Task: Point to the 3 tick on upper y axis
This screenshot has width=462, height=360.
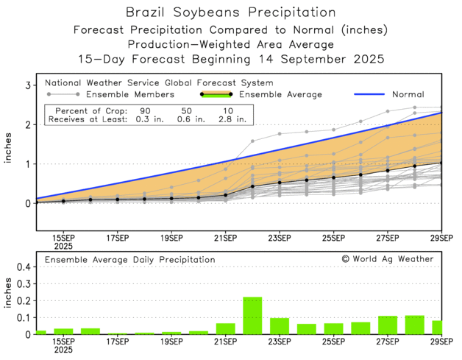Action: [x=27, y=85]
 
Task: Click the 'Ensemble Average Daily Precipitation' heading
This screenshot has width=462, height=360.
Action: [x=130, y=259]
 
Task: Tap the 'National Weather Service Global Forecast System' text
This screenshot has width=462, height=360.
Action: [x=158, y=82]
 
